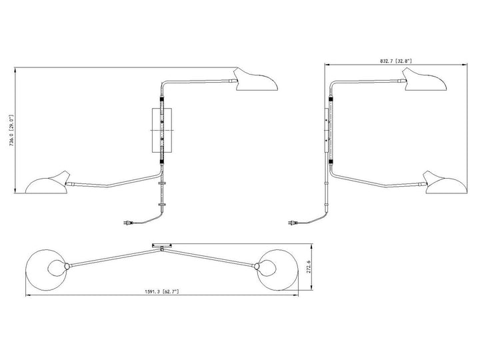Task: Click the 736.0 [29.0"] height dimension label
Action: [x=11, y=131]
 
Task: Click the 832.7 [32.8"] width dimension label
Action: [x=396, y=61]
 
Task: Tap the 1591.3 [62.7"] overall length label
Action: [x=162, y=291]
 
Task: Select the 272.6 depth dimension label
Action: [x=309, y=267]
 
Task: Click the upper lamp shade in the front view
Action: [x=256, y=81]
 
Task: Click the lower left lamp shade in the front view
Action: [x=47, y=183]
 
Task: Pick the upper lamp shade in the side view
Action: [x=424, y=80]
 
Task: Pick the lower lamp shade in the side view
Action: [x=445, y=183]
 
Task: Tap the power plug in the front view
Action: [x=128, y=223]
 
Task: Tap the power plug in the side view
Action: [x=293, y=223]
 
